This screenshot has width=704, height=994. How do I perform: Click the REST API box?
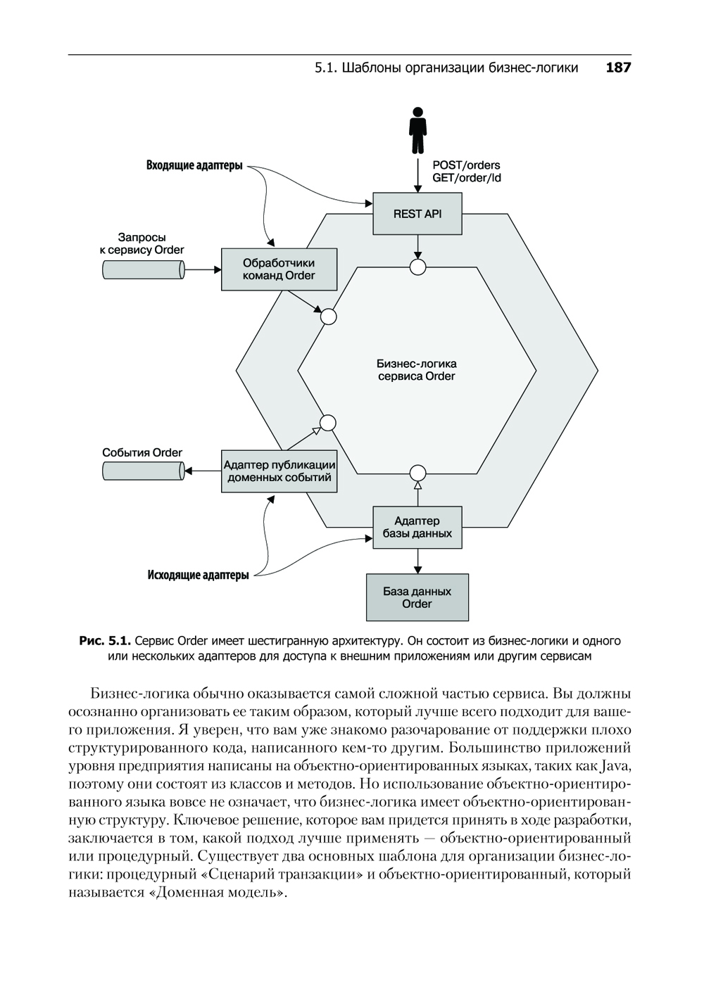[417, 213]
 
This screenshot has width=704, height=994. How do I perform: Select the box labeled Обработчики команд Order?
[279, 269]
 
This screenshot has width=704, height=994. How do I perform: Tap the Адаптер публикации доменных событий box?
[279, 471]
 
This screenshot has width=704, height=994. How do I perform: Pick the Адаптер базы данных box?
[417, 527]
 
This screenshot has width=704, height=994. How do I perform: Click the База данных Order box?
[417, 597]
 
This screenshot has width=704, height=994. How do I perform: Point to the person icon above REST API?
[417, 130]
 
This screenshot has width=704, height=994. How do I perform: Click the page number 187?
[617, 68]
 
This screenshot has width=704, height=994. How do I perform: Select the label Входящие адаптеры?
[194, 166]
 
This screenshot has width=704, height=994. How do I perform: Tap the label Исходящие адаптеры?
[198, 575]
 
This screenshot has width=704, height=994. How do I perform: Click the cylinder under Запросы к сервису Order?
[143, 269]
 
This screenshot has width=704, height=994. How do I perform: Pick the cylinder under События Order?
[143, 471]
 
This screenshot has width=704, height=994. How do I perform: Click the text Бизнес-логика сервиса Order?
[416, 370]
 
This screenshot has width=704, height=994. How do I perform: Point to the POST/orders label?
[466, 165]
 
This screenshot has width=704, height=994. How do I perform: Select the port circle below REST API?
[418, 267]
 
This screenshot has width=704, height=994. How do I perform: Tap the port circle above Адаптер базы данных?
[418, 472]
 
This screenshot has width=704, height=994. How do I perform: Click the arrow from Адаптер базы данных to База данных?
[418, 561]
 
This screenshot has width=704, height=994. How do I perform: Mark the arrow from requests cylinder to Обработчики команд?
[203, 269]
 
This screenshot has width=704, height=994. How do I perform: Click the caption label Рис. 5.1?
[105, 641]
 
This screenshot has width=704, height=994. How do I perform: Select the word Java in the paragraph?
[615, 765]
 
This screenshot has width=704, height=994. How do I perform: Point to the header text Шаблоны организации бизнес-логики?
[459, 68]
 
